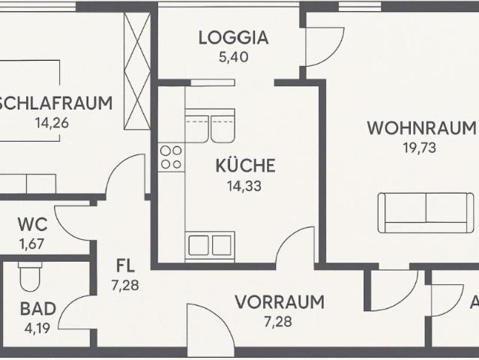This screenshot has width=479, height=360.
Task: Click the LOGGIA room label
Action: (x=233, y=37)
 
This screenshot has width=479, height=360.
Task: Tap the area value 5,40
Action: (x=233, y=56)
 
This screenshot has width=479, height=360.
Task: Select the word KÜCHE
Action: (x=246, y=166)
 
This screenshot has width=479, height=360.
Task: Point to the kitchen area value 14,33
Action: (x=246, y=185)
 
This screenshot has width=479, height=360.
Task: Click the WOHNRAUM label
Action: (x=421, y=127)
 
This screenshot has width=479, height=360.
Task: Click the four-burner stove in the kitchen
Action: (x=171, y=157)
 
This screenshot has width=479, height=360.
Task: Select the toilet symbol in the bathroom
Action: (x=30, y=278)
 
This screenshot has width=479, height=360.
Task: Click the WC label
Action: (x=33, y=224)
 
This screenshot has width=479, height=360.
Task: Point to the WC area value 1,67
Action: (x=33, y=243)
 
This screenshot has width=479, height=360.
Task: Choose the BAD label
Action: (x=36, y=308)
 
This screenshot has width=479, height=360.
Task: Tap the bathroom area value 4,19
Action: (x=36, y=327)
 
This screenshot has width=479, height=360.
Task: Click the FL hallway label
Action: (x=124, y=265)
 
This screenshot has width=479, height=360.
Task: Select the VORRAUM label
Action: (x=279, y=303)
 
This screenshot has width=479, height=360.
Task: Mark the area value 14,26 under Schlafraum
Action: (x=52, y=123)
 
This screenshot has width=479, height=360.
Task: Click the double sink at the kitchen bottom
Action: (x=211, y=246)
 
